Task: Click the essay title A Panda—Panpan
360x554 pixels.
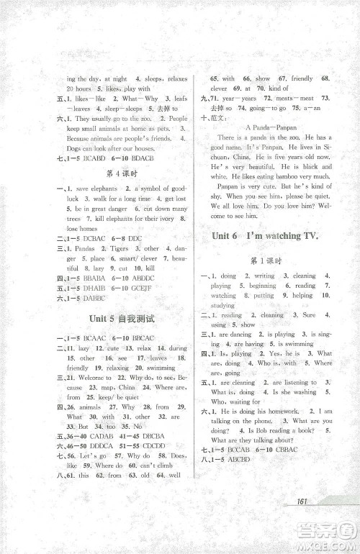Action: (x=264, y=126)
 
